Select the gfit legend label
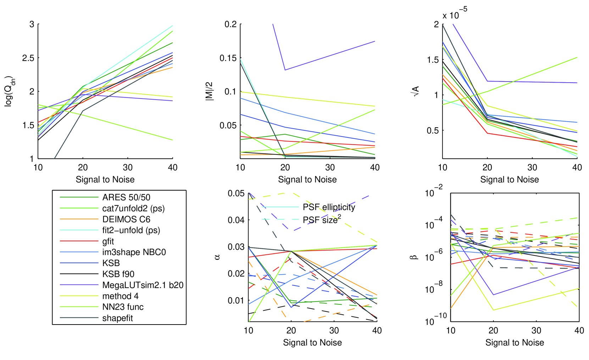(108, 241)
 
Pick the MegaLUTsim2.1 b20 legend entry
(143, 285)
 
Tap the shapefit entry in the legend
(117, 318)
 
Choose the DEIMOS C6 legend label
(126, 219)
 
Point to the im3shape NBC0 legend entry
(134, 252)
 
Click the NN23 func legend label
(123, 307)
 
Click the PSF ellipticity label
(329, 207)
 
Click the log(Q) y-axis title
(9, 91)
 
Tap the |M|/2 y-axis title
(210, 91)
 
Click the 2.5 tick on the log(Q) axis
(28, 58)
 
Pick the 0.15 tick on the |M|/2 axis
(228, 58)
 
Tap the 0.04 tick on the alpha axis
(236, 220)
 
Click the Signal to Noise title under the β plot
(515, 343)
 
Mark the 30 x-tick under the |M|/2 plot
(330, 168)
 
